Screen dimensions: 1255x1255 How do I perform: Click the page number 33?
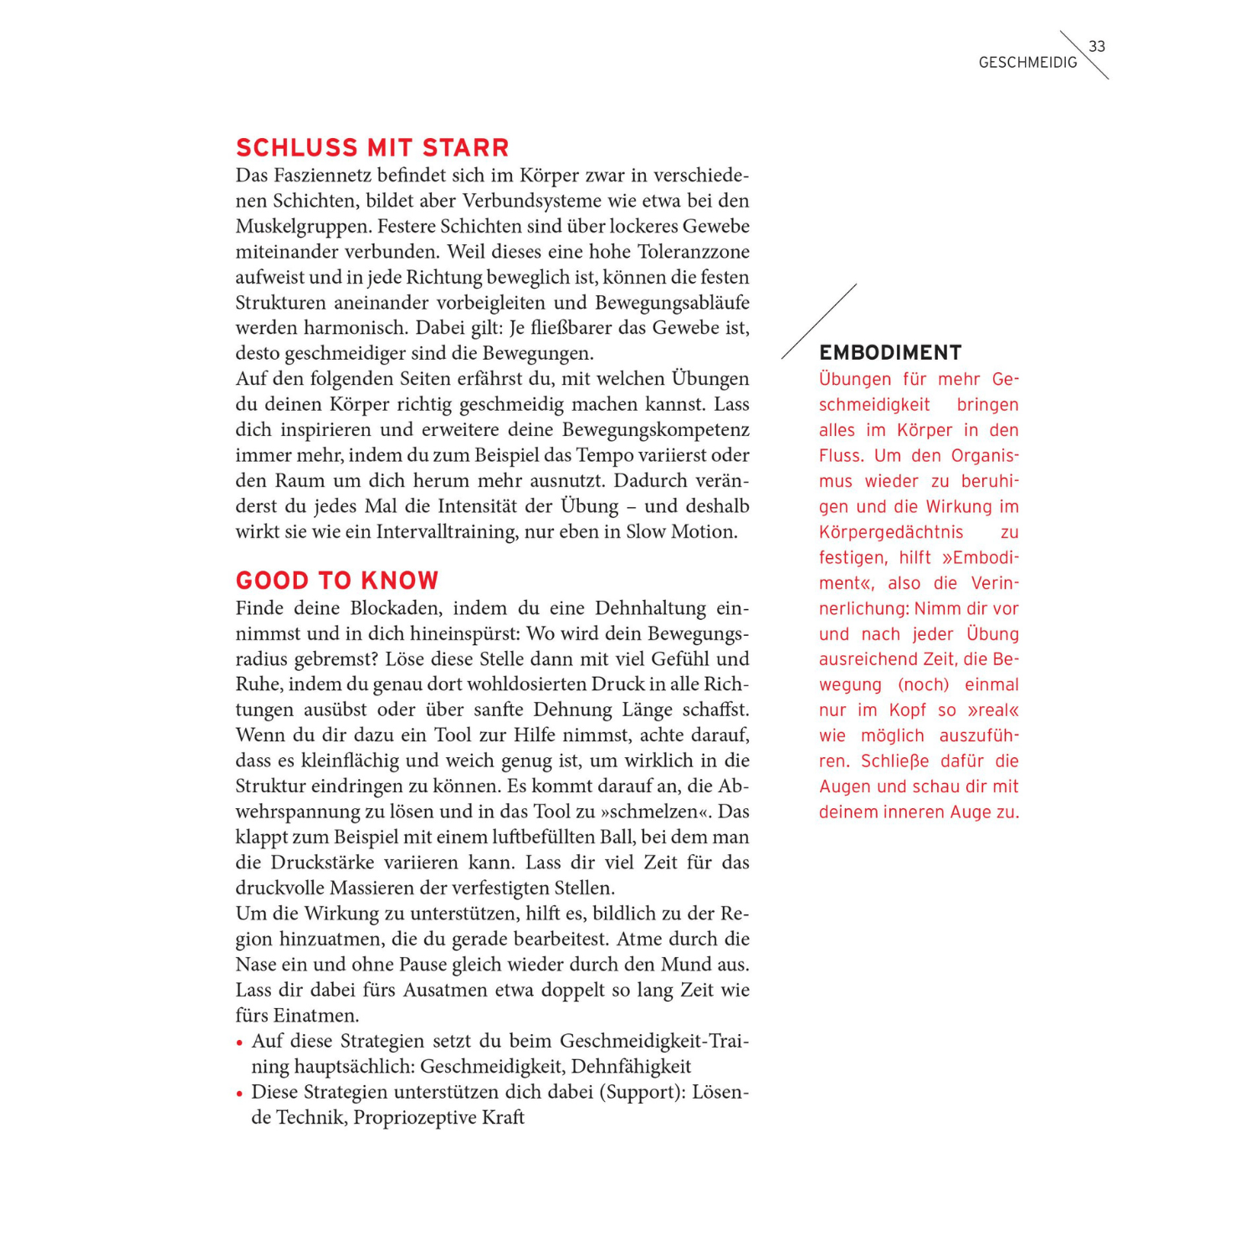coord(1097,47)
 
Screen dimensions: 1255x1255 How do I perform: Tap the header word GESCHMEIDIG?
coord(1027,63)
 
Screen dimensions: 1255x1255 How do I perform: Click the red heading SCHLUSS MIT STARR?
coord(372,148)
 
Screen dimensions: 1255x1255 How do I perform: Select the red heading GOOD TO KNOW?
coord(337,581)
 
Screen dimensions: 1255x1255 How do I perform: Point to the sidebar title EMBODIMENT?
coord(890,353)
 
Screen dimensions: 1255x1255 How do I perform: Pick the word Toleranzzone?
coord(694,252)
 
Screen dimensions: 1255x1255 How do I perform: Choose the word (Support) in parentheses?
coord(641,1092)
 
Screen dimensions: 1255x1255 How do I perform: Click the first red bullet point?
coord(239,1042)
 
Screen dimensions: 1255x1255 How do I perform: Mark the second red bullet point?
coord(239,1094)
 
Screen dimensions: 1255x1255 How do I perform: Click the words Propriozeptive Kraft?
coord(438,1118)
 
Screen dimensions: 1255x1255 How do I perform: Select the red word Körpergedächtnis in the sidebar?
coord(891,532)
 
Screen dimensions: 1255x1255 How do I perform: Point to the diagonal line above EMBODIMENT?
coord(819,321)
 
